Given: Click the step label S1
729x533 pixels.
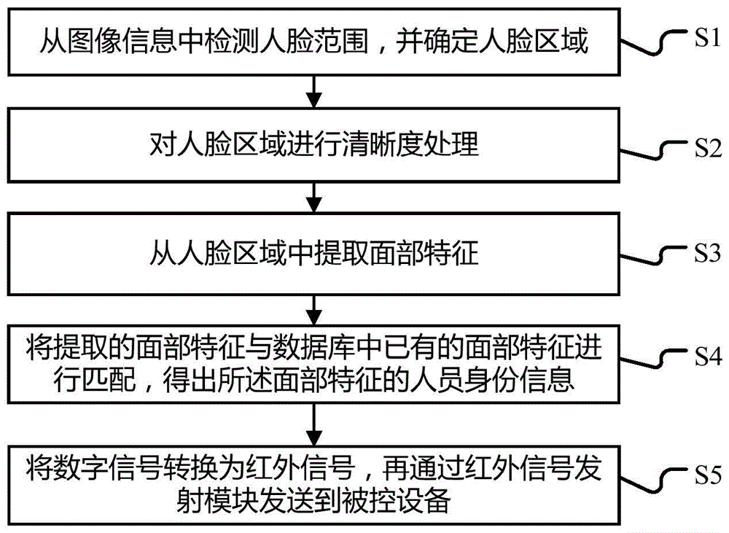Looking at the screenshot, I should [706, 39].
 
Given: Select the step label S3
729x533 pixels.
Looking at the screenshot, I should [706, 254].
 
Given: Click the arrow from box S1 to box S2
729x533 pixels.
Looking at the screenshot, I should [313, 90].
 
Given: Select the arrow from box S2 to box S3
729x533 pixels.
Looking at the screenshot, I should [313, 196].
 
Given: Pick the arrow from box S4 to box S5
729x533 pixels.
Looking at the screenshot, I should [313, 421].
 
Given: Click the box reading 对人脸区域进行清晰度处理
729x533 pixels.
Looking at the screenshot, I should [313, 145].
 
